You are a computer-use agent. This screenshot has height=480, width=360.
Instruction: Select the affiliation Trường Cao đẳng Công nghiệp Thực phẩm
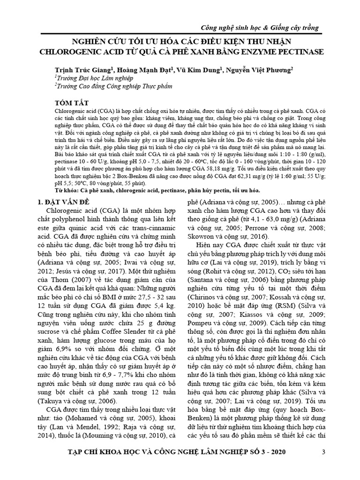pyautogui.click(x=108, y=86)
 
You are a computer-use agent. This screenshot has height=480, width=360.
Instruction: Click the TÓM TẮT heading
pyautogui.click(x=72, y=102)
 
